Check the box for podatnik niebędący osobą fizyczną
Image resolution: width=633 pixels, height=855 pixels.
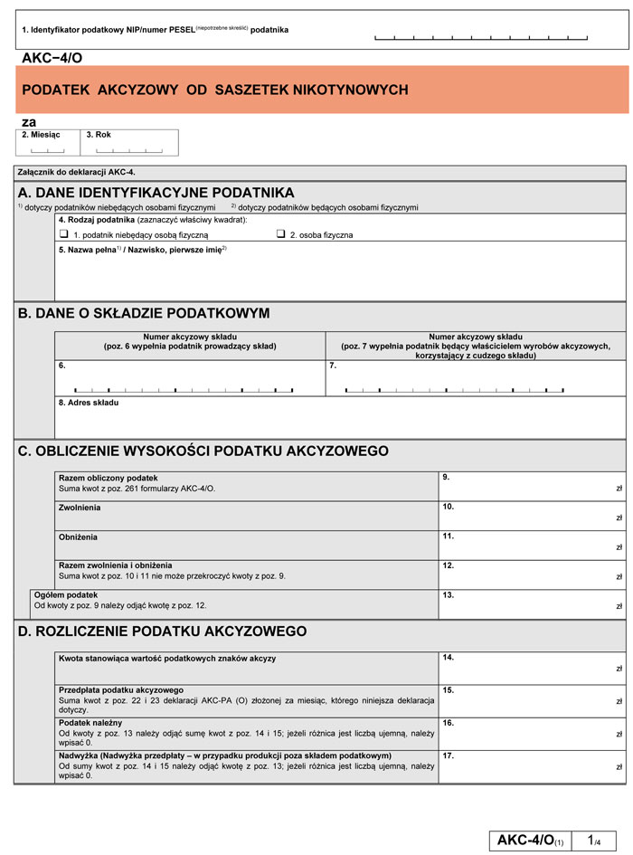[x=64, y=233]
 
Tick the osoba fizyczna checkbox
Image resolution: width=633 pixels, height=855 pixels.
[x=281, y=233]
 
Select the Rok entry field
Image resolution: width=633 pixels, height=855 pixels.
[x=128, y=148]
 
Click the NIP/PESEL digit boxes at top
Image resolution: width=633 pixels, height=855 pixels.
[x=481, y=38]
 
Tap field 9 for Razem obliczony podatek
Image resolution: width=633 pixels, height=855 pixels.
[x=532, y=485]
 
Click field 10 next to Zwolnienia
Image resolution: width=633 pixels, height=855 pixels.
[x=532, y=515]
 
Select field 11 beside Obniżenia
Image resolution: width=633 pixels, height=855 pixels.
[x=532, y=545]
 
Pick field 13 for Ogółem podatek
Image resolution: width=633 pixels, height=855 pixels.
[x=532, y=603]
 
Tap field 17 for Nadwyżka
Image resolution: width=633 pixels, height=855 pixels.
[x=532, y=765]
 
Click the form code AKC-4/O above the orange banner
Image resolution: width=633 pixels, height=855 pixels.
[x=52, y=57]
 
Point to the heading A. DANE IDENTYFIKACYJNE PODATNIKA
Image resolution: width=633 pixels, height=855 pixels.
[x=156, y=193]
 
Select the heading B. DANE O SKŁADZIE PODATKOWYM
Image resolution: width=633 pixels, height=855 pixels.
[x=144, y=313]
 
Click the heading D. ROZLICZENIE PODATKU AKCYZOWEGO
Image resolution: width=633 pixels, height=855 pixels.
[x=163, y=631]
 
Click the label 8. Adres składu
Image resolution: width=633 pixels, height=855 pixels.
[x=89, y=403]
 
